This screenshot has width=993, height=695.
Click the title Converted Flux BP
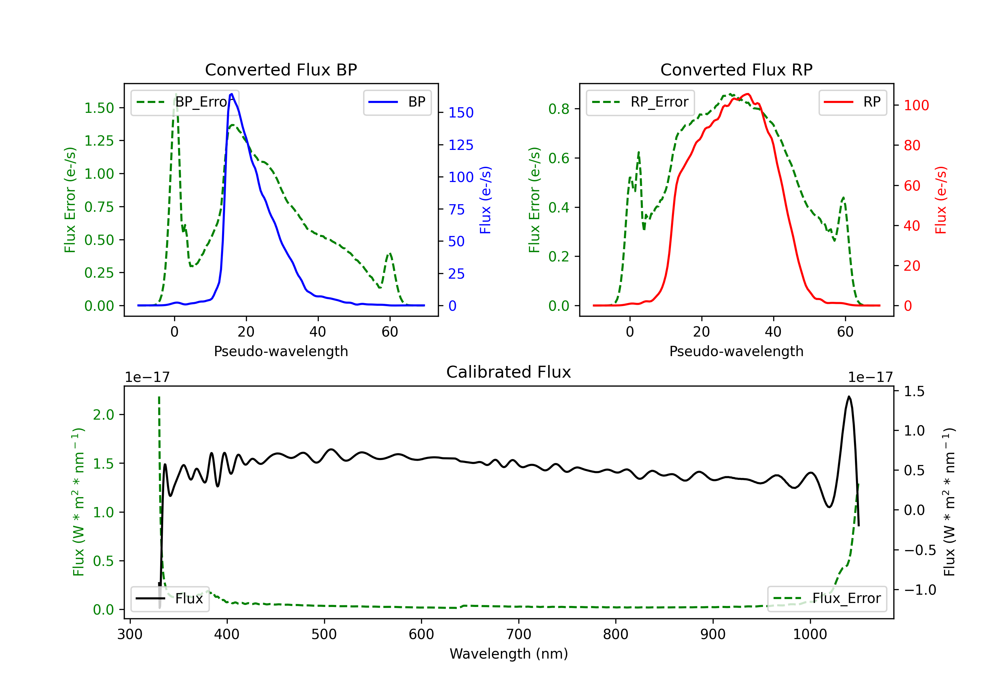[281, 69]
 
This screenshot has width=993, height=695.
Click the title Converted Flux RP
[736, 69]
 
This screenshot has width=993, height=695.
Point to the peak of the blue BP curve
[232, 94]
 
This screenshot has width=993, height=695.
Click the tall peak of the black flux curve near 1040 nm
[849, 396]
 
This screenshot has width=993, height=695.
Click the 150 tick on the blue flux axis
[461, 113]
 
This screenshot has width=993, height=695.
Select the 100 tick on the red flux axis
[916, 105]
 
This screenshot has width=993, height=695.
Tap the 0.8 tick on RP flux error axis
[559, 109]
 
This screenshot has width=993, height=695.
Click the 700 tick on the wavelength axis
[519, 634]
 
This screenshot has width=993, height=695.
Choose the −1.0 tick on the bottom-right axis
[920, 589]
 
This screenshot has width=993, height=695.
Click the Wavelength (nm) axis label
[509, 654]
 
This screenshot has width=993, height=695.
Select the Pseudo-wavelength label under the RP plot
[736, 351]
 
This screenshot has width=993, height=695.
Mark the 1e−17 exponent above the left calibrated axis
[147, 377]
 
